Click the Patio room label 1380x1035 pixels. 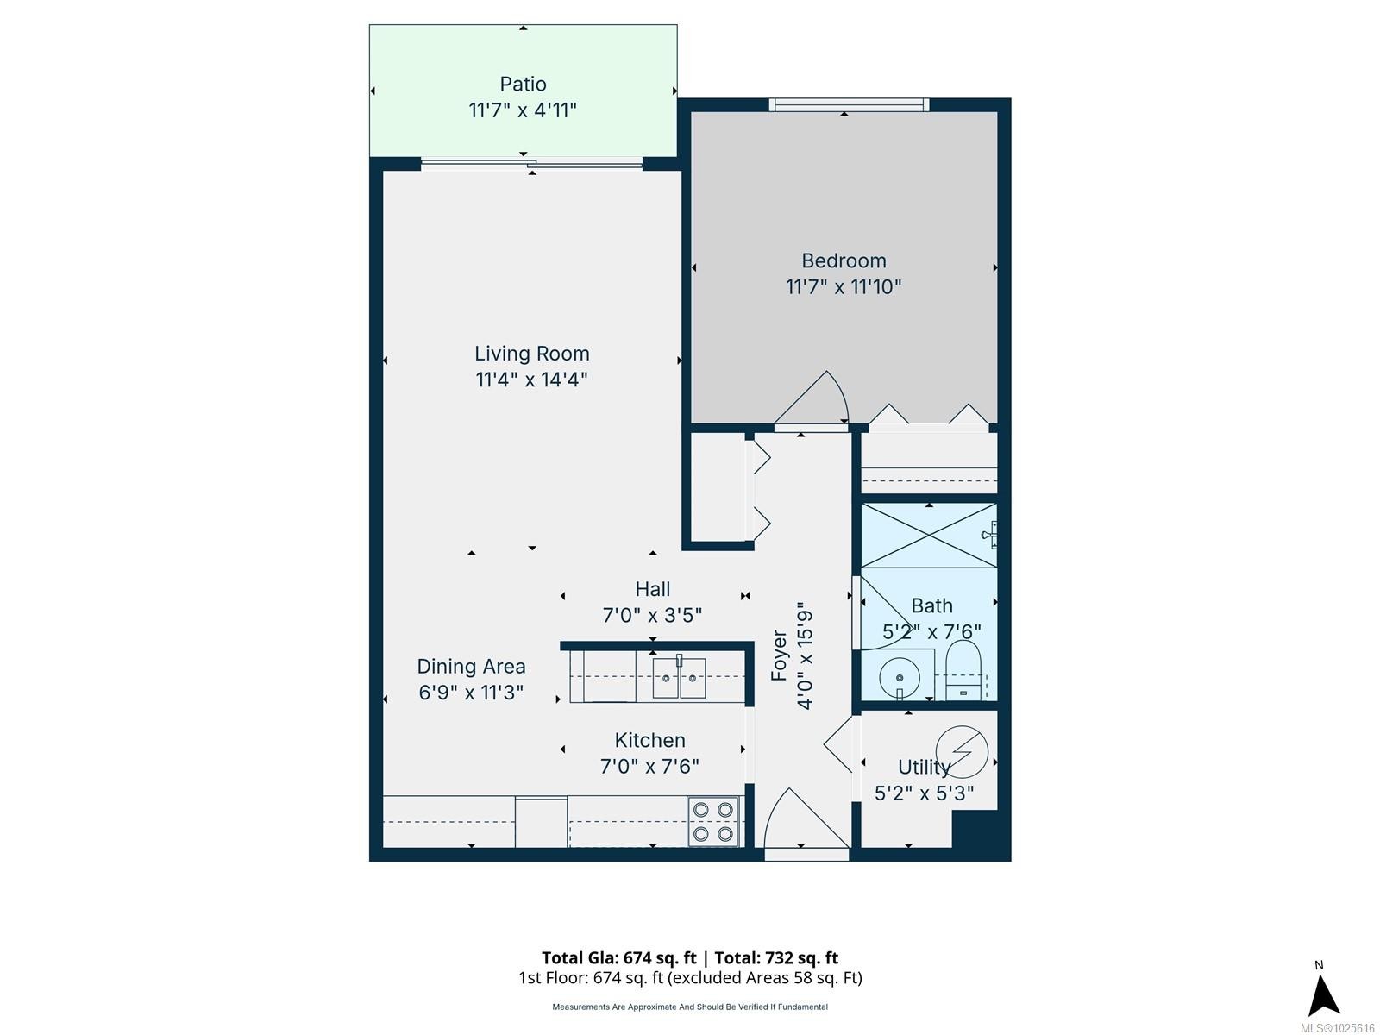[x=523, y=84]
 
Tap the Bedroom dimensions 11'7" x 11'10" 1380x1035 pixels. [x=843, y=287]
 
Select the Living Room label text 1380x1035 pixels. [x=532, y=354]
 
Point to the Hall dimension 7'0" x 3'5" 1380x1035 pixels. [x=652, y=615]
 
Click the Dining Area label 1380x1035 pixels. [x=471, y=666]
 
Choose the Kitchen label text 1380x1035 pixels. [x=649, y=740]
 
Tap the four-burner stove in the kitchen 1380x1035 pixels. [x=712, y=822]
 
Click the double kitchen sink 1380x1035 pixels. [x=679, y=677]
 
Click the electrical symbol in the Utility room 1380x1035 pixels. [x=962, y=752]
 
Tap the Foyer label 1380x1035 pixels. [x=780, y=656]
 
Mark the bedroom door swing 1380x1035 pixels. [x=811, y=398]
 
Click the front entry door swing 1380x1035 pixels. [x=806, y=818]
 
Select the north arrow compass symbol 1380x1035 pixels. [x=1323, y=994]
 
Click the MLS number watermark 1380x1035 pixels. [x=1337, y=1028]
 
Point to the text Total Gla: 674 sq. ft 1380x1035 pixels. [x=618, y=957]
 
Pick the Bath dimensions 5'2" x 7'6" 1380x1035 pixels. [x=931, y=631]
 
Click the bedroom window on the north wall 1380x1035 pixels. [x=849, y=105]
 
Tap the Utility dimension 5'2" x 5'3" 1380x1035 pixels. [x=925, y=793]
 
